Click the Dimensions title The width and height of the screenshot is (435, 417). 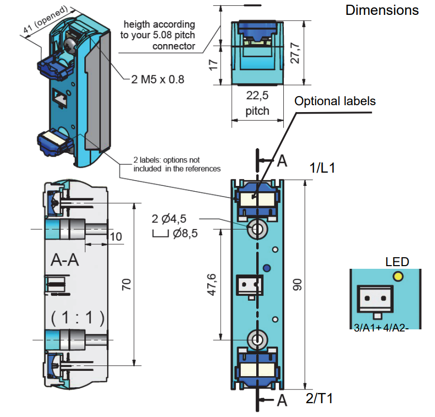[381, 10]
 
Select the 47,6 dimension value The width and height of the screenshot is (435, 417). [212, 285]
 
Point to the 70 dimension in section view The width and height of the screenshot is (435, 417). [126, 284]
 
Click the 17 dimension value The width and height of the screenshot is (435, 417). [213, 65]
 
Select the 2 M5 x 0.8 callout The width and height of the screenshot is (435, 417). [158, 80]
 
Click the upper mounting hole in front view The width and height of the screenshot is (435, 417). [258, 229]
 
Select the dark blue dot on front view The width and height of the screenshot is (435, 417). [267, 268]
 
